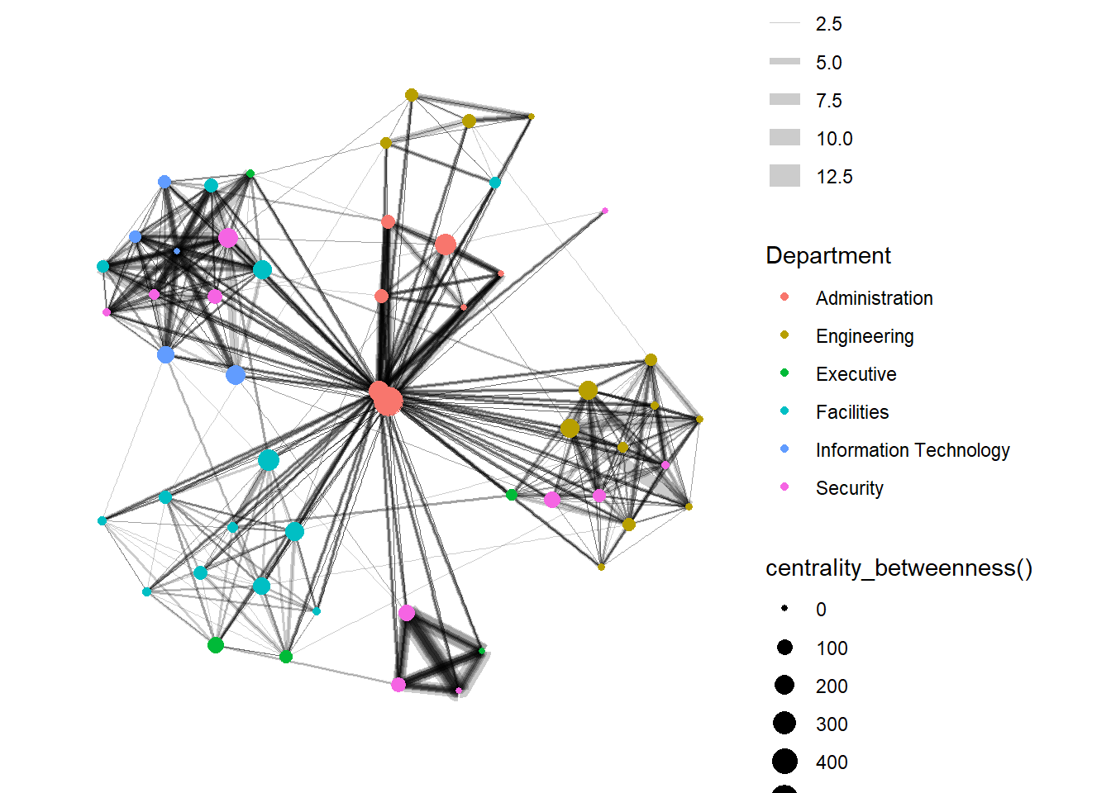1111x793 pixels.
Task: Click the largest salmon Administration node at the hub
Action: pos(388,401)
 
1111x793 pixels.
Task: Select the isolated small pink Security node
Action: pos(605,211)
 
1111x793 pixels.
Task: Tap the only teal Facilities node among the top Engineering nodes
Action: pos(494,183)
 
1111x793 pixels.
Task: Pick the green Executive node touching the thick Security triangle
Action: pos(481,651)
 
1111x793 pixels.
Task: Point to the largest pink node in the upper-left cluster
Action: pos(228,238)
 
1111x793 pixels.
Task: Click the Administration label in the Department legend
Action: pos(874,298)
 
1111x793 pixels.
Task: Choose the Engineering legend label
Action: pos(865,336)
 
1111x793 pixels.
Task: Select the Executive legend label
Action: pos(856,374)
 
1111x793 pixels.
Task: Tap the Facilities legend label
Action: pos(852,412)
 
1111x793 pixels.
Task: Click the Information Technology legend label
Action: pos(913,450)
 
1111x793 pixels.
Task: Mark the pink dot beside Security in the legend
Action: pos(784,487)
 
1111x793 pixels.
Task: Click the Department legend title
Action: pos(828,255)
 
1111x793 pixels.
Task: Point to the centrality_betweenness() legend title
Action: pos(899,568)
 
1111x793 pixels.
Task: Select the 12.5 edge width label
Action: pos(834,177)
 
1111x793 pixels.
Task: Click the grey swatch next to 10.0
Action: pos(784,138)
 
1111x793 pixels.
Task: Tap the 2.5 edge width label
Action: pos(828,24)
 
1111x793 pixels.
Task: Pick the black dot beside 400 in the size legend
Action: pos(784,762)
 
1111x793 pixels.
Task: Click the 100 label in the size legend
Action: pos(832,648)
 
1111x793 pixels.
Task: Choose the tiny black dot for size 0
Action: pos(784,609)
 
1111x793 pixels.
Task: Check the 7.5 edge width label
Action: pos(828,101)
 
